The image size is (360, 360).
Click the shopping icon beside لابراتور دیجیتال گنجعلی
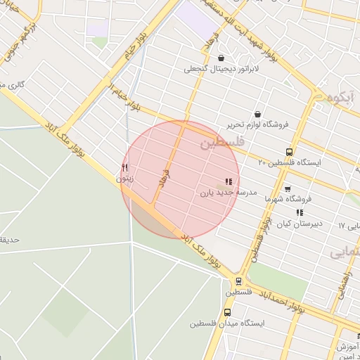pyautogui.click(x=221, y=58)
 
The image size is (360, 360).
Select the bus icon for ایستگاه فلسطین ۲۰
pyautogui.click(x=289, y=152)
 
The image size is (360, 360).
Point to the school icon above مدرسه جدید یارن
pyautogui.click(x=229, y=181)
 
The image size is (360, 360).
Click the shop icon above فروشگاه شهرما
pyautogui.click(x=287, y=188)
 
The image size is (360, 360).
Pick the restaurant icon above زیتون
pyautogui.click(x=125, y=167)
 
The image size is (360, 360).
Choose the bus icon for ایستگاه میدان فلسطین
pyautogui.click(x=227, y=312)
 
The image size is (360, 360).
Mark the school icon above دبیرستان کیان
pyautogui.click(x=300, y=212)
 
